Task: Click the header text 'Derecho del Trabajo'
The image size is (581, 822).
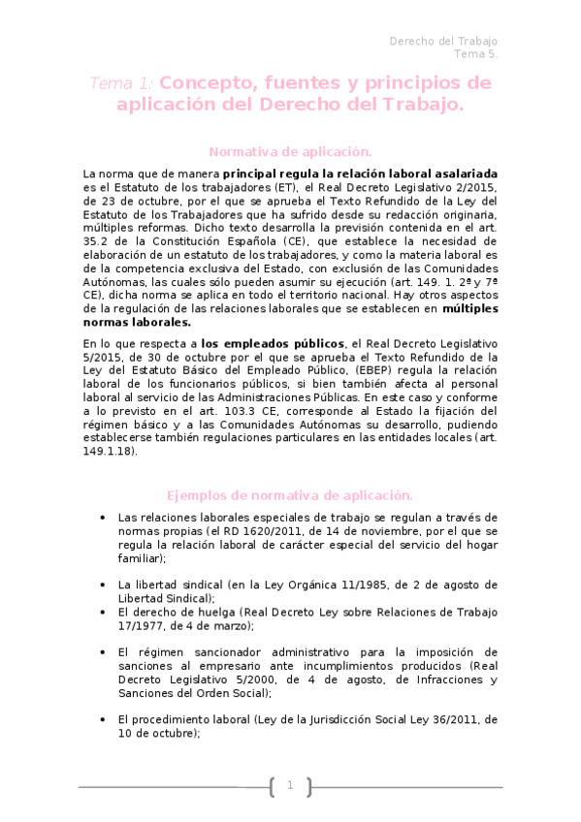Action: (442, 41)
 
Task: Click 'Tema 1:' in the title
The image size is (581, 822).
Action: (121, 83)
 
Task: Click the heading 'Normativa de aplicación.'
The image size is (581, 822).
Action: (290, 151)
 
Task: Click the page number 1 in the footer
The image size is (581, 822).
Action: (290, 785)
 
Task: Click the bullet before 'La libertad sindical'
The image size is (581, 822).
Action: (103, 585)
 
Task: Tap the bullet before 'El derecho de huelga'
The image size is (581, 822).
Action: (103, 613)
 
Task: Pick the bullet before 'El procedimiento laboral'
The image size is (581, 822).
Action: (103, 720)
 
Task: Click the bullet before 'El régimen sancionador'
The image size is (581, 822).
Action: (103, 652)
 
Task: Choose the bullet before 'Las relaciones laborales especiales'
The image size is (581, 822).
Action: (103, 517)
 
